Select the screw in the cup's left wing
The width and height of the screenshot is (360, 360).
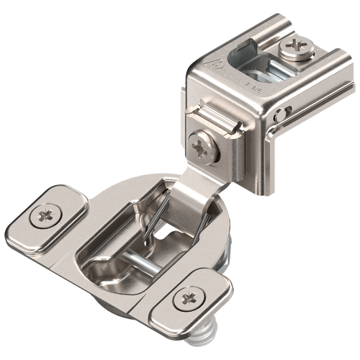[x=48, y=215]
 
